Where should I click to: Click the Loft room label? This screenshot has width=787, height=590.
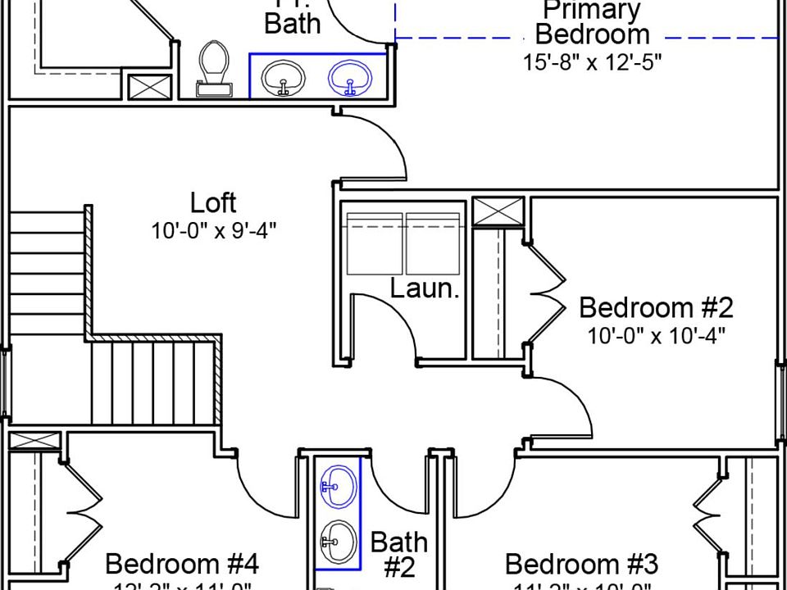tap(213, 202)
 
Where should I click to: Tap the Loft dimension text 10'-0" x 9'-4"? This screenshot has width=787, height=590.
tap(213, 230)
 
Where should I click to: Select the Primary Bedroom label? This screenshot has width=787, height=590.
tap(592, 23)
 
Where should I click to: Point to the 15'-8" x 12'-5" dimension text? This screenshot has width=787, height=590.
tap(592, 62)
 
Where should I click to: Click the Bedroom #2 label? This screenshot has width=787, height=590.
tap(656, 308)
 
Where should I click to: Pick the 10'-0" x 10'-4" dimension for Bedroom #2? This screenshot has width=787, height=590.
tap(656, 336)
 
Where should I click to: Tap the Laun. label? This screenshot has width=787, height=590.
tap(424, 288)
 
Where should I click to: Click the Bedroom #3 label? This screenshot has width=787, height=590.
tap(581, 565)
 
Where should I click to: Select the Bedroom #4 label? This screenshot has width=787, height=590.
tap(182, 565)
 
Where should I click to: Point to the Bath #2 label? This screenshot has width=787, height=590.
tap(398, 554)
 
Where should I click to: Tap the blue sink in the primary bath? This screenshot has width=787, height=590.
tap(349, 78)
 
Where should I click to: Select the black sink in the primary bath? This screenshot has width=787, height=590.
tap(284, 78)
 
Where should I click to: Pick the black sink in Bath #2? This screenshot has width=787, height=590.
tap(338, 538)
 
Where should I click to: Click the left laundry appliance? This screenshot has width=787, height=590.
tap(375, 243)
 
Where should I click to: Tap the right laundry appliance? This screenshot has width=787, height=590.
tap(434, 243)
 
